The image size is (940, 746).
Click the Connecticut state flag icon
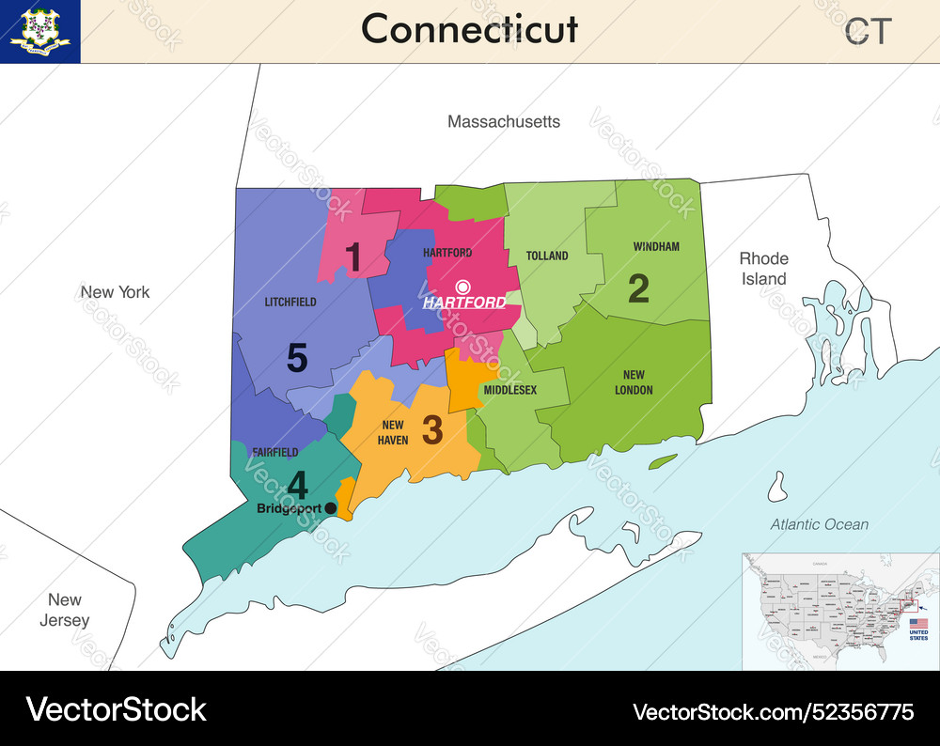tap(40, 31)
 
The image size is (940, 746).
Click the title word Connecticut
tap(469, 29)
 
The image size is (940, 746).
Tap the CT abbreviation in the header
tap(867, 32)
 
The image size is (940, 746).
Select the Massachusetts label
tap(504, 121)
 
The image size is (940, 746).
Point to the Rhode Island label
tap(763, 269)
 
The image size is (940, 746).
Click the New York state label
tap(115, 292)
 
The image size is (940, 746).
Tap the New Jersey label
tap(65, 610)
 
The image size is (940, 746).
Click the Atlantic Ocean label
tap(819, 524)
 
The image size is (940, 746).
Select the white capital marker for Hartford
tap(462, 287)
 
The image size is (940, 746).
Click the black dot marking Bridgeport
tap(330, 508)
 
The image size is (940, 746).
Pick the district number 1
tap(353, 256)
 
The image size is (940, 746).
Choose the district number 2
tap(638, 288)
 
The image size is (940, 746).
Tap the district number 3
tap(431, 429)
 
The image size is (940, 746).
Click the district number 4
tap(297, 486)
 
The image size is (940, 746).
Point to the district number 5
tap(297, 358)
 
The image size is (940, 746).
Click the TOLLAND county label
tap(547, 256)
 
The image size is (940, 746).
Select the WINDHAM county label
tap(656, 247)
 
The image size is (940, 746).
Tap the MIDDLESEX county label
tap(510, 390)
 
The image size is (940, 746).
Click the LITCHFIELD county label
tap(290, 303)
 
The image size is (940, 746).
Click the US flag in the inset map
tap(918, 624)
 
